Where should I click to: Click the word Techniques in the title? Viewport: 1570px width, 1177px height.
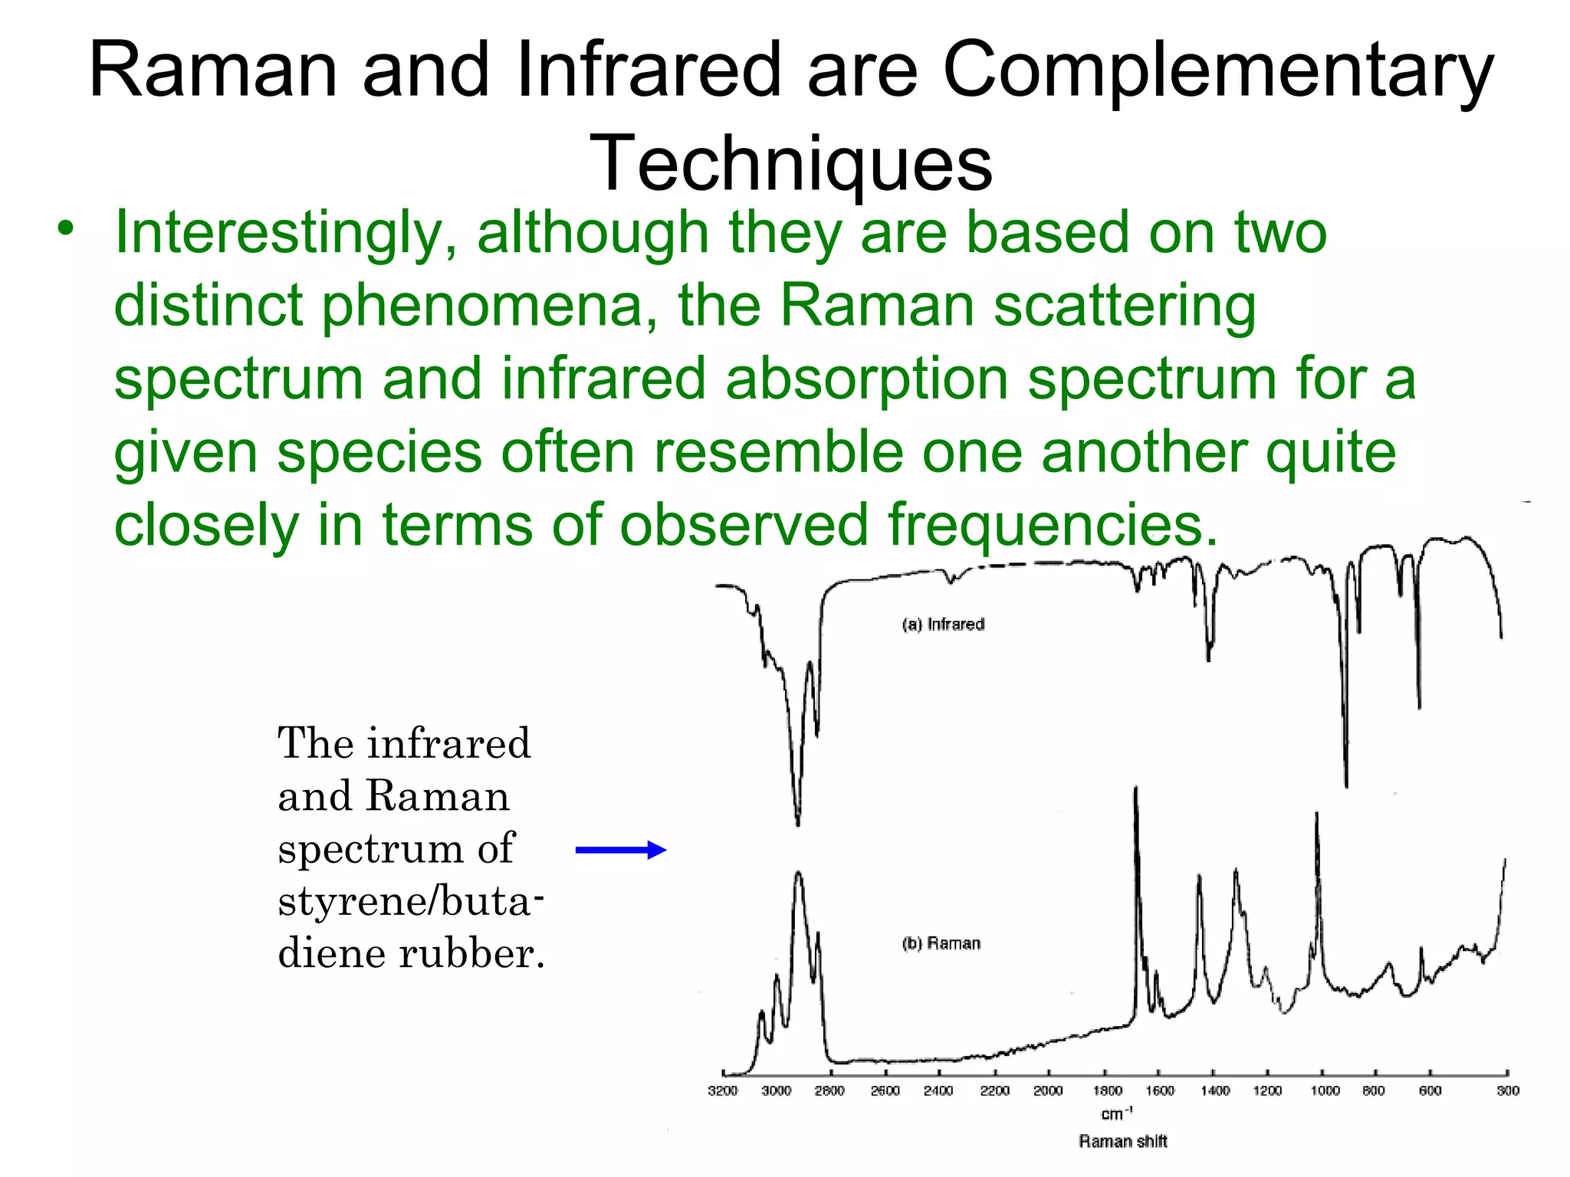tap(790, 164)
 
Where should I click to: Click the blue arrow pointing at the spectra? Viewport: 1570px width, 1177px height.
tap(620, 850)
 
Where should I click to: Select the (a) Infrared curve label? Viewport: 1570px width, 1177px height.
tap(942, 625)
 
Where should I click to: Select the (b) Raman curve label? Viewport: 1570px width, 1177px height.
tap(941, 943)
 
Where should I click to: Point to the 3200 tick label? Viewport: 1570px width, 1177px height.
tap(722, 1090)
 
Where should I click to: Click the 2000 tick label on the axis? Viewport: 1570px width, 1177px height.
tap(1048, 1090)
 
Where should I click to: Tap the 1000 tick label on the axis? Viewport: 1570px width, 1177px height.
tap(1325, 1090)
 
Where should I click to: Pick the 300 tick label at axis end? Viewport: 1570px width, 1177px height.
tap(1507, 1090)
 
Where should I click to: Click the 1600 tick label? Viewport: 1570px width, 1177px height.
tap(1160, 1090)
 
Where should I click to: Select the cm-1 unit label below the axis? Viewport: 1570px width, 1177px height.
tap(1116, 1113)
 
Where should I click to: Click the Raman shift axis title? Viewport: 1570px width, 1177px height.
tap(1122, 1142)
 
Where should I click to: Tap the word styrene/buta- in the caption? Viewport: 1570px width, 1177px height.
tap(410, 901)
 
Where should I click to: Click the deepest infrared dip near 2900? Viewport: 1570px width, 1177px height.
tap(798, 824)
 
